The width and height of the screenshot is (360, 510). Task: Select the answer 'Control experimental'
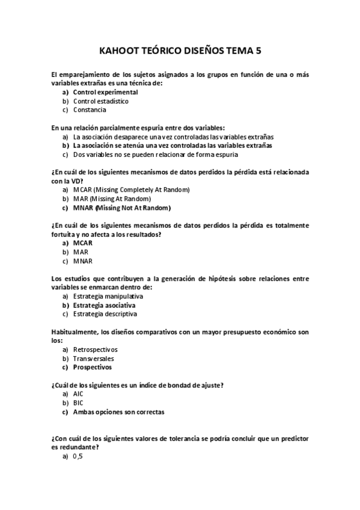pyautogui.click(x=105, y=93)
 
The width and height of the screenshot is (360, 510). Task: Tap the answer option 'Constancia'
pyautogui.click(x=90, y=110)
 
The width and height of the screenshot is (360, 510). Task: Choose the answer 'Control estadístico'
pyautogui.click(x=100, y=101)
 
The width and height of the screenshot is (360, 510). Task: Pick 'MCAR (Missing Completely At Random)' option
pyautogui.click(x=131, y=190)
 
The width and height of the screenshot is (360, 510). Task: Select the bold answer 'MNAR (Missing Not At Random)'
pyautogui.click(x=122, y=207)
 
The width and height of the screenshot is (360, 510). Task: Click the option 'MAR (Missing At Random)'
pyautogui.click(x=112, y=198)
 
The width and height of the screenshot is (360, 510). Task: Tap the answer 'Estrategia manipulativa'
pyautogui.click(x=108, y=296)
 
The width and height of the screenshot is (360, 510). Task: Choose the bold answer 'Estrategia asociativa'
pyautogui.click(x=104, y=305)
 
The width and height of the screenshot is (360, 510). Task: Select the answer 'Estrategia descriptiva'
pyautogui.click(x=105, y=314)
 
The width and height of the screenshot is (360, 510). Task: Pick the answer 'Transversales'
pyautogui.click(x=93, y=358)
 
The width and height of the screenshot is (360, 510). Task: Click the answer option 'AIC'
pyautogui.click(x=78, y=394)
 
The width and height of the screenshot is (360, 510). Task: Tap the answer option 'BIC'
pyautogui.click(x=78, y=403)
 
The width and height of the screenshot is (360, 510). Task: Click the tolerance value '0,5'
pyautogui.click(x=78, y=456)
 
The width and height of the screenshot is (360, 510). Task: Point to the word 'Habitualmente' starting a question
pyautogui.click(x=72, y=331)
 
